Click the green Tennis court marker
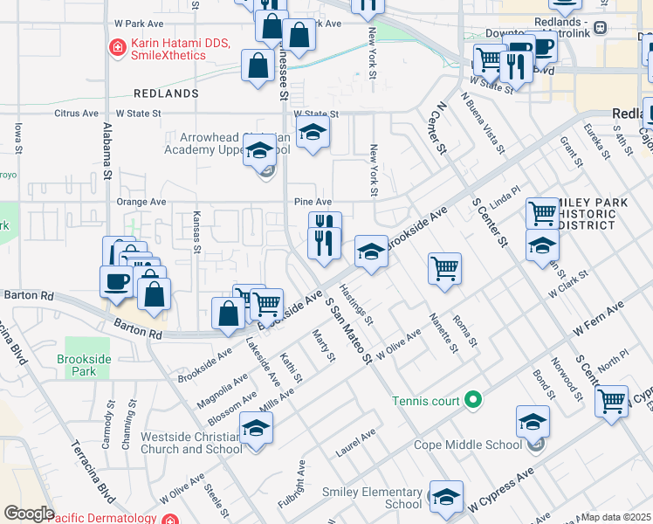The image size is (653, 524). (x=473, y=401)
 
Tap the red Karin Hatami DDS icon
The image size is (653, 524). (x=115, y=47)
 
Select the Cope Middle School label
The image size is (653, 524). (x=479, y=445)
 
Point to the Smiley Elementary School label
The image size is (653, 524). (x=379, y=499)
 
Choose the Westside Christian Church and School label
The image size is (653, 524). (x=189, y=443)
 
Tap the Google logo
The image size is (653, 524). (x=29, y=514)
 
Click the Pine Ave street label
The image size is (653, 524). (x=312, y=202)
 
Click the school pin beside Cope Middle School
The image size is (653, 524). (x=533, y=421)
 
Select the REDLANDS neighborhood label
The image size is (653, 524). (x=166, y=93)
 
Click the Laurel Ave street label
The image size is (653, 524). (x=355, y=444)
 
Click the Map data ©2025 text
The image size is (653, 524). (x=616, y=517)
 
